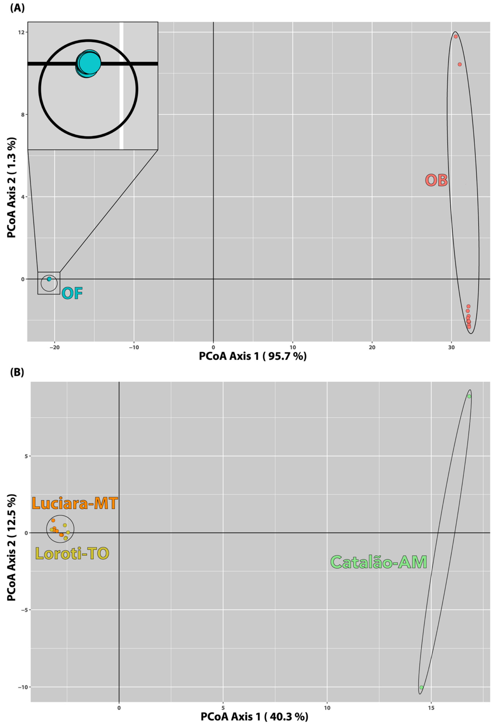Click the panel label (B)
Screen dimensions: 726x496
coord(17,373)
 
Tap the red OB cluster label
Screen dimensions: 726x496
coord(436,181)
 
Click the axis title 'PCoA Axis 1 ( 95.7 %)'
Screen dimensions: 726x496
coord(253,356)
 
